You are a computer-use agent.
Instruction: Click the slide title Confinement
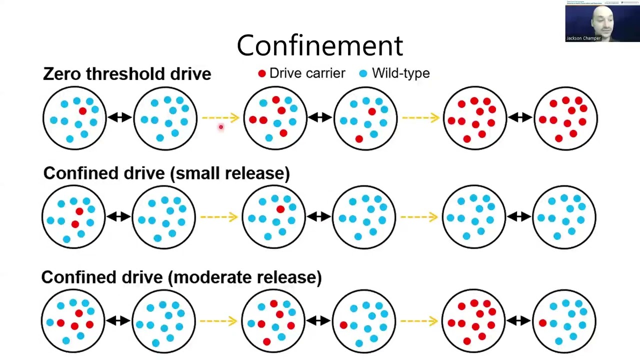(x=320, y=45)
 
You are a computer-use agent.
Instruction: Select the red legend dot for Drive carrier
(x=261, y=73)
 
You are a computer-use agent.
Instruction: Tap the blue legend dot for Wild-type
(x=363, y=73)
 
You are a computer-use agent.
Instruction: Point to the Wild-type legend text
(x=400, y=73)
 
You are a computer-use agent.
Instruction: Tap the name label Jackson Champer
(x=583, y=38)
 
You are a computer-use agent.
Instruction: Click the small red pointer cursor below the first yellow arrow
(x=220, y=127)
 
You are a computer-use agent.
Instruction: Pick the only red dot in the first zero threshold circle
(x=82, y=111)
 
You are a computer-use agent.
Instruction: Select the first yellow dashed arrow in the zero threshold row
(x=220, y=118)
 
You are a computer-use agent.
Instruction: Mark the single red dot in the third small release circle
(x=280, y=209)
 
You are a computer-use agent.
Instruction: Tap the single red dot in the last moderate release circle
(x=542, y=323)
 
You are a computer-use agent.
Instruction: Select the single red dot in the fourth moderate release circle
(x=343, y=325)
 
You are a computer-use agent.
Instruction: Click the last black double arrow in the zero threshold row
(x=520, y=117)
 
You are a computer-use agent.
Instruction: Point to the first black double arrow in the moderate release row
(x=118, y=320)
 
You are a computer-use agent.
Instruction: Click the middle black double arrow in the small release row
(x=319, y=216)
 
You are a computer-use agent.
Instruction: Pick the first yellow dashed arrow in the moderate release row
(x=218, y=320)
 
